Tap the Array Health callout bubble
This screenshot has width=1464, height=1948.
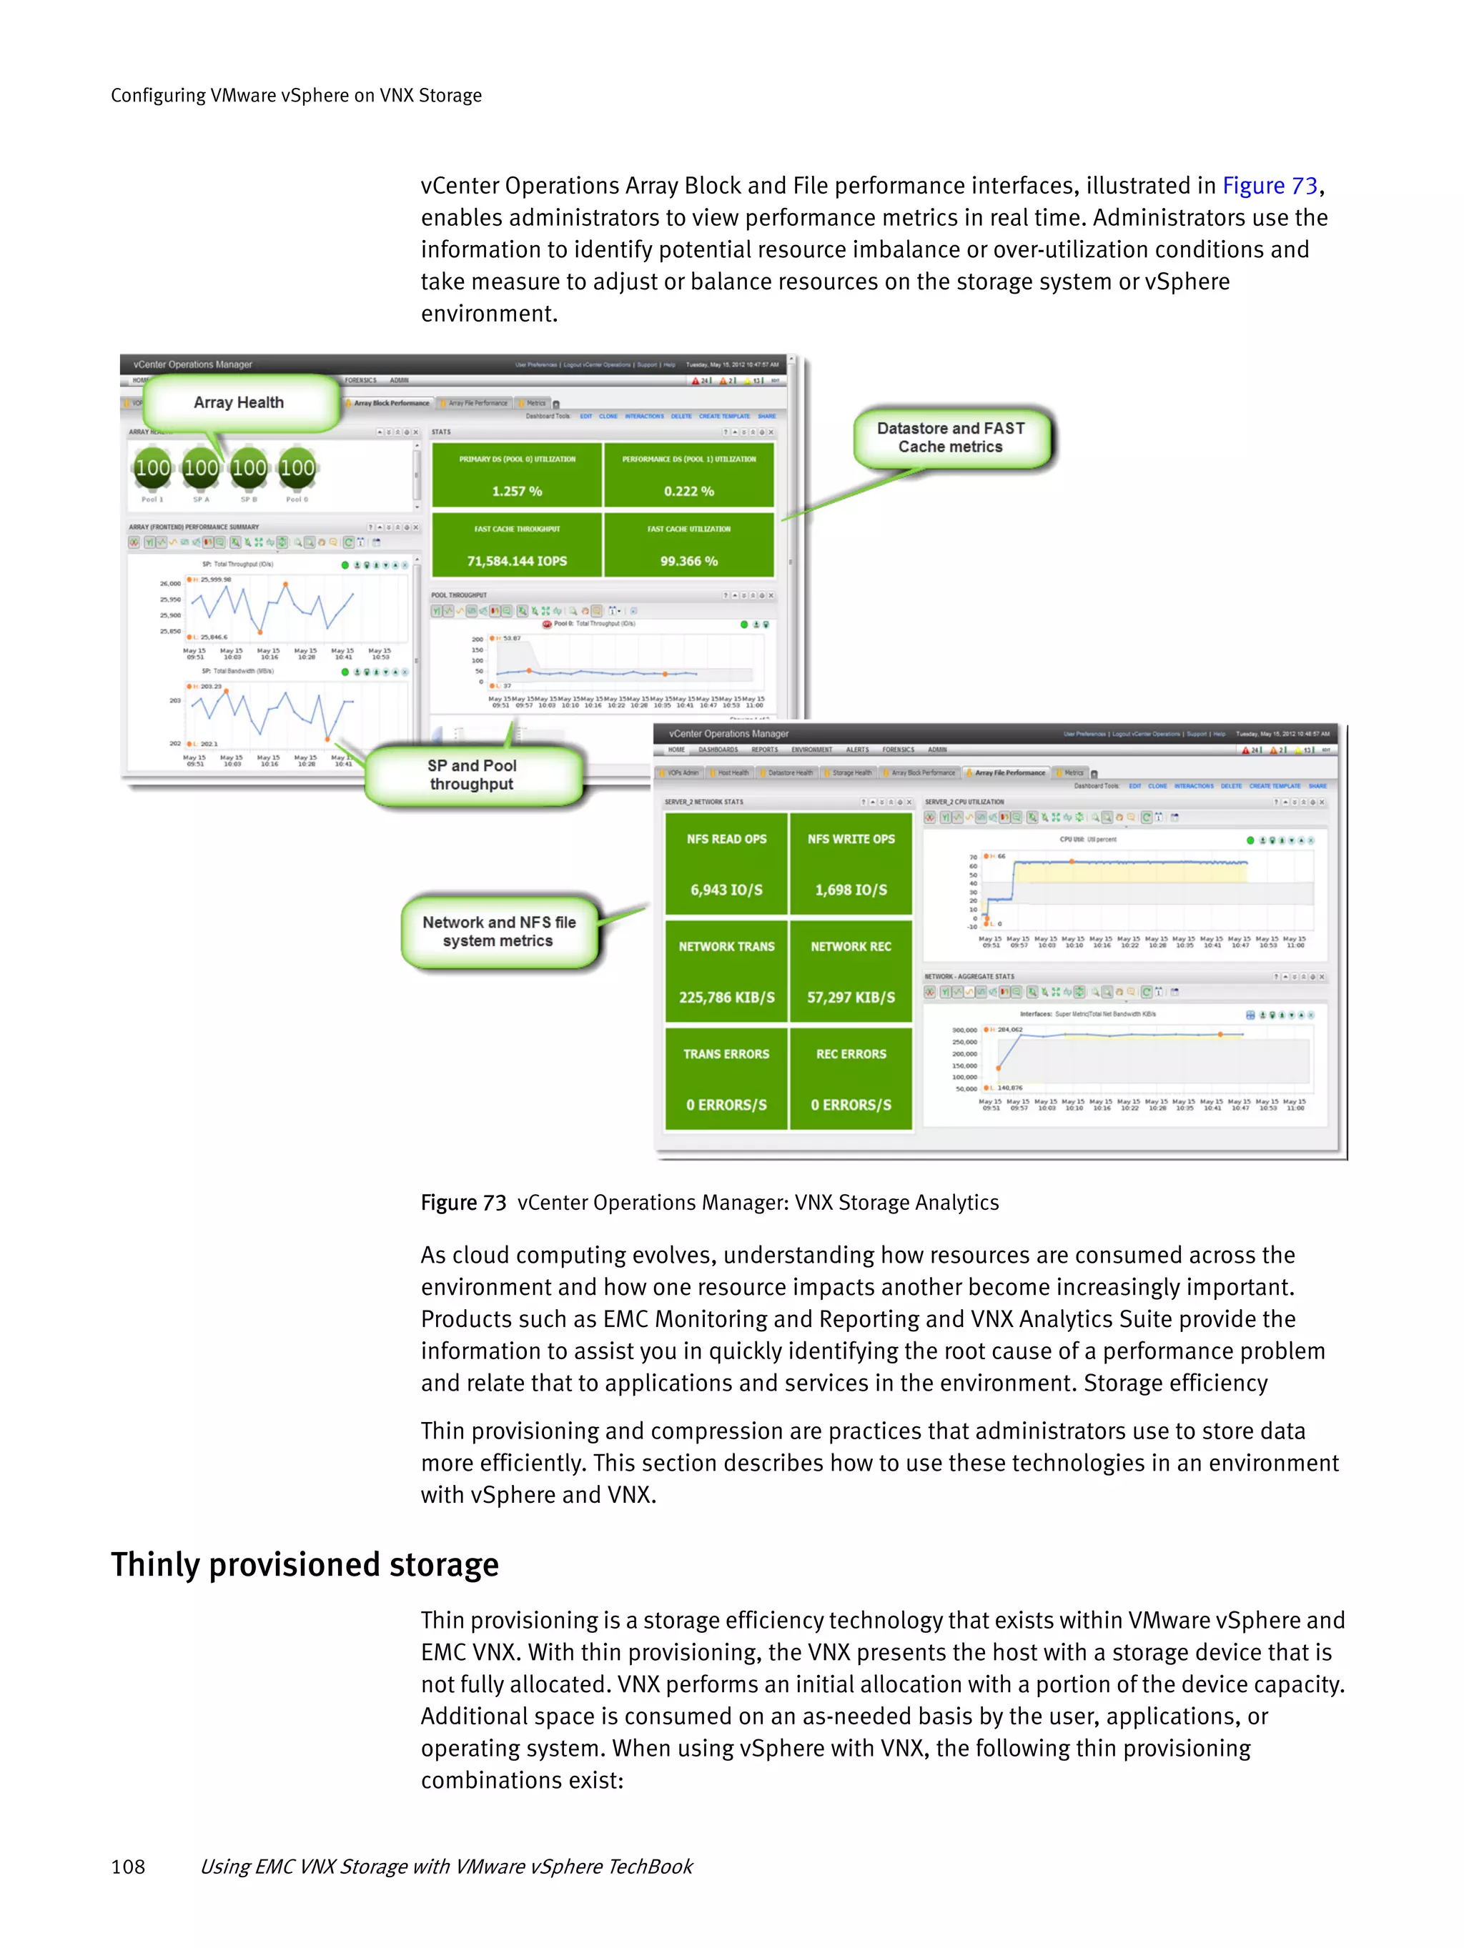239,402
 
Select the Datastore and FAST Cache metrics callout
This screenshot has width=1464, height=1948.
951,437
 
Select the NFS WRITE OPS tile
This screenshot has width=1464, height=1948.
851,864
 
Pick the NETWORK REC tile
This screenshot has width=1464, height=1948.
851,971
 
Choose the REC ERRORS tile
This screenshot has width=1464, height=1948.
851,1079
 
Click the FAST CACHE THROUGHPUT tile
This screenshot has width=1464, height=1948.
517,545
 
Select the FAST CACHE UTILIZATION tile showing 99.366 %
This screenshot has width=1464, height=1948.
689,545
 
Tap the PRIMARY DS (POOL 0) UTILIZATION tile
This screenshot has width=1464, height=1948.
517,475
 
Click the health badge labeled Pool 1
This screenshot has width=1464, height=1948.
152,469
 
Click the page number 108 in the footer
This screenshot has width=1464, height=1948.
128,1866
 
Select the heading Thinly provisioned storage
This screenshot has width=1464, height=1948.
305,1565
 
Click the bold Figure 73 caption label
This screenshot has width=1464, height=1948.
463,1203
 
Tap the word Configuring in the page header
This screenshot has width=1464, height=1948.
158,95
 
